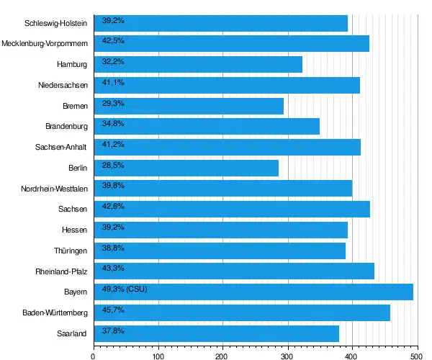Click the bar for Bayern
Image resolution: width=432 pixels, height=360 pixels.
253,292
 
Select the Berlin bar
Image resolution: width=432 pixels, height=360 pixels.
186,168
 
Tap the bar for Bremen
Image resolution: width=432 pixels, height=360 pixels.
189,106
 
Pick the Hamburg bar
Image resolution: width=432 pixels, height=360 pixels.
198,65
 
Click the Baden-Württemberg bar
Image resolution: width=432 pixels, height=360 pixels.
241,312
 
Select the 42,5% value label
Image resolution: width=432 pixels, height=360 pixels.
114,40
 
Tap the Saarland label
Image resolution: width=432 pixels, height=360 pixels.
72,333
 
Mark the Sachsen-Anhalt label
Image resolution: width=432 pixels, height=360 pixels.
61,148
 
